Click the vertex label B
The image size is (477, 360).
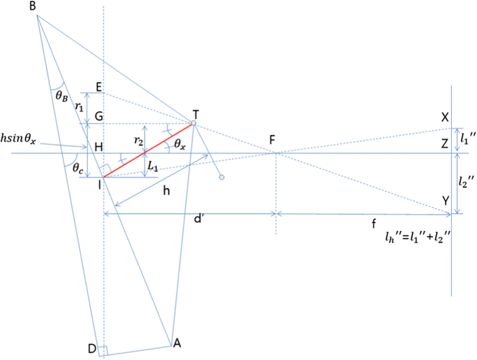[x=33, y=6]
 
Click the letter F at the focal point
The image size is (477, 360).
[x=276, y=139]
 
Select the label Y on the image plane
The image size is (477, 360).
[x=444, y=200]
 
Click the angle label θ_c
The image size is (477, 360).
[x=72, y=168]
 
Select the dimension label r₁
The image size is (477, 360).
[x=79, y=107]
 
